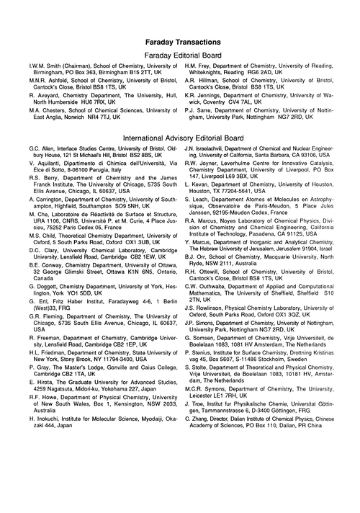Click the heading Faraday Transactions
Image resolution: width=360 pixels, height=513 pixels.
tap(180, 43)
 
